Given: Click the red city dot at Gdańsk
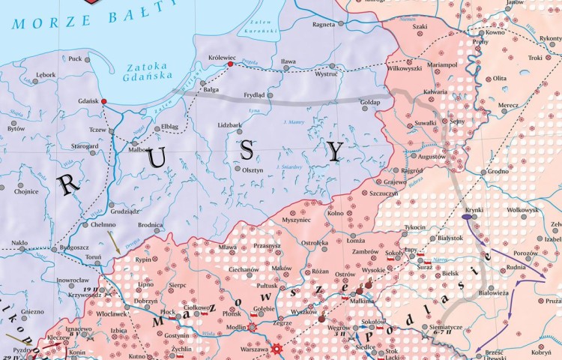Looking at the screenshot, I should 104,101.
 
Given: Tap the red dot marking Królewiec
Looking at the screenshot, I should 230,64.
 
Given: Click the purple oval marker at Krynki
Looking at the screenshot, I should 467,217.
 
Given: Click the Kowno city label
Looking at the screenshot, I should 495,32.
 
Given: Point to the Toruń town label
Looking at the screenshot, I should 93,256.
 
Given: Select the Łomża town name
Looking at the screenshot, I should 357,241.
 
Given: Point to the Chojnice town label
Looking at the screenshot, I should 25,191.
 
